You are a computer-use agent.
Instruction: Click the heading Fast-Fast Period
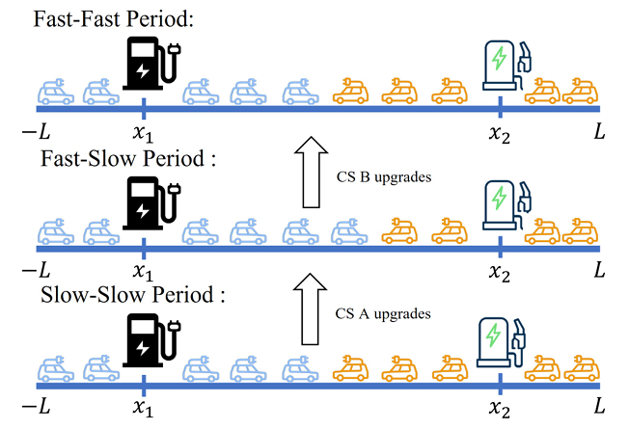coord(98,19)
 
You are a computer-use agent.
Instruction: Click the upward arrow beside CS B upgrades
coord(310,172)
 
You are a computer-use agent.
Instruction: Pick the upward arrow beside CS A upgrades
coord(310,308)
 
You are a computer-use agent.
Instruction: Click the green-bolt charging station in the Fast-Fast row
coord(504,66)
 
